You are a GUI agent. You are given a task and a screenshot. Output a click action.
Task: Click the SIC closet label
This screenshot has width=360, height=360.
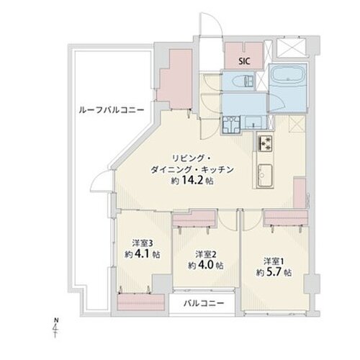(244, 61)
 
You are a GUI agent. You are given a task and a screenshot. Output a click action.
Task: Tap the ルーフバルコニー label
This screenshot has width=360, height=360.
(112, 110)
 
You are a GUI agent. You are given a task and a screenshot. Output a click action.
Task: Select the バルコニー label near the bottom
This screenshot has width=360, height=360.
(204, 303)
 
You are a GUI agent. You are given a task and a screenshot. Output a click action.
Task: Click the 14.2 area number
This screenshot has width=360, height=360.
(193, 181)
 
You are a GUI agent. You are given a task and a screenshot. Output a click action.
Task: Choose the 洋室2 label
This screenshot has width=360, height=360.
(205, 254)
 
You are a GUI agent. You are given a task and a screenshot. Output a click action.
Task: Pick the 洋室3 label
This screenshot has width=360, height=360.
(143, 243)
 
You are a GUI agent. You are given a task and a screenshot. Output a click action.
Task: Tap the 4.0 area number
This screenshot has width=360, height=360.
(205, 265)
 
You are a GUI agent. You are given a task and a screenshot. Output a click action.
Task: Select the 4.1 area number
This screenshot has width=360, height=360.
(143, 254)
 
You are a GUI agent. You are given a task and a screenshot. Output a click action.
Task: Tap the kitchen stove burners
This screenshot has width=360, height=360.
(265, 143)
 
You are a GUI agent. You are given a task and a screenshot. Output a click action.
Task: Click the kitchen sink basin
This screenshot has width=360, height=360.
(265, 175)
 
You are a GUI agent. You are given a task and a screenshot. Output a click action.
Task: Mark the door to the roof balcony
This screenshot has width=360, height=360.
(101, 181)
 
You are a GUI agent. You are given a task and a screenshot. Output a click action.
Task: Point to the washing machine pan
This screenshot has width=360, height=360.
(231, 125)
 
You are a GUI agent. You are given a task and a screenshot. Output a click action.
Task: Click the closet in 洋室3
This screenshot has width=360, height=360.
(141, 302)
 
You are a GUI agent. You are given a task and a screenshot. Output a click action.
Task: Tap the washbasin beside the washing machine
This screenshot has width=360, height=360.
(253, 122)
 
